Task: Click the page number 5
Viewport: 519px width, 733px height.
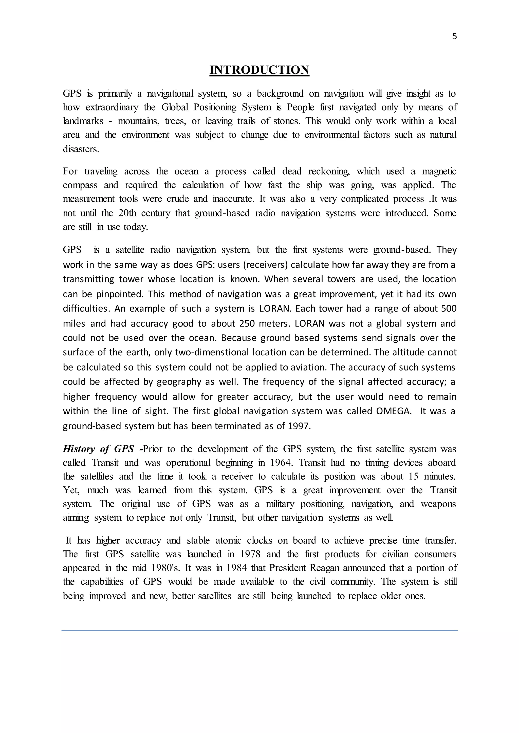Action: tap(454, 37)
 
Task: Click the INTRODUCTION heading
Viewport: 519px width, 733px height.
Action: tap(259, 70)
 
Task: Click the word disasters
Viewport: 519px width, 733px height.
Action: tap(81, 149)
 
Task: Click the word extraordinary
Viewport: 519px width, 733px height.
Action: tap(112, 107)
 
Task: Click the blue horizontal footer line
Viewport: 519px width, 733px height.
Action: tap(259, 631)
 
